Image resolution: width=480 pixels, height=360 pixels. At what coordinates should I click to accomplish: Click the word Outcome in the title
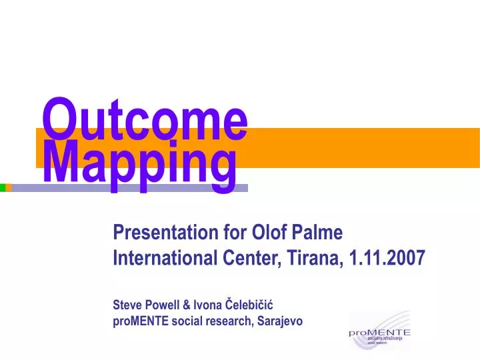pos(145,119)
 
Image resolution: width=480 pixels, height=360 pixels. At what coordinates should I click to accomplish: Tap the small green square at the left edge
pos(2,188)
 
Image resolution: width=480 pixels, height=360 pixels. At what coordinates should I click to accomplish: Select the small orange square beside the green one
pos(9,188)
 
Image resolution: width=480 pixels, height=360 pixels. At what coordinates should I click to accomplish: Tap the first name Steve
pos(127,305)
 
